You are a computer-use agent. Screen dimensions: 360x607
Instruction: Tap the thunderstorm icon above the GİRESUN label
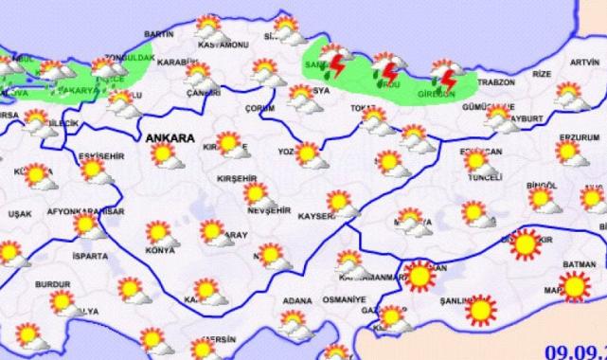tap(444, 74)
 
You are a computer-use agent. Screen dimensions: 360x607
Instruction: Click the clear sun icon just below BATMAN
tap(574, 283)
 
